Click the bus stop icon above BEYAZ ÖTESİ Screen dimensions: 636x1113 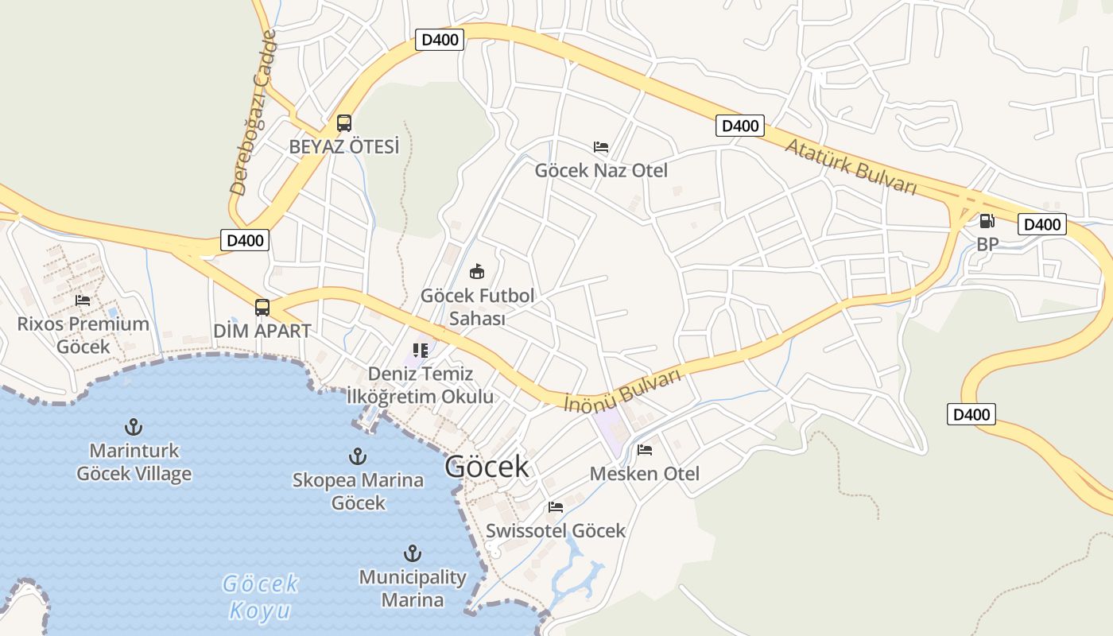click(x=343, y=123)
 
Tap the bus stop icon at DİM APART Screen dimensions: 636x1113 click(x=262, y=307)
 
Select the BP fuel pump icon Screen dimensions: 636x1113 click(x=987, y=221)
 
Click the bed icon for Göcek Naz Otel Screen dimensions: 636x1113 click(x=601, y=147)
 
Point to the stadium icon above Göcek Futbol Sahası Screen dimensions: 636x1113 click(x=476, y=272)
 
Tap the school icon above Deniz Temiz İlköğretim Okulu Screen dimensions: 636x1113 click(x=421, y=351)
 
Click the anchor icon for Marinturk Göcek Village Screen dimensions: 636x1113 click(x=134, y=427)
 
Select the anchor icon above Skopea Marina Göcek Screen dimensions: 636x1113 click(x=358, y=456)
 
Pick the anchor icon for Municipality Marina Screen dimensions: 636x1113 click(x=412, y=553)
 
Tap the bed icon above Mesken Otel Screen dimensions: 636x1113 click(x=645, y=450)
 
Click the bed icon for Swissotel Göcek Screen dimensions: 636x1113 click(x=556, y=506)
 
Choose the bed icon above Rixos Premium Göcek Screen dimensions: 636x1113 click(x=83, y=301)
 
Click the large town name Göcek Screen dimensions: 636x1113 click(x=487, y=467)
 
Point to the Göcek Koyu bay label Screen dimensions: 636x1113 click(x=261, y=597)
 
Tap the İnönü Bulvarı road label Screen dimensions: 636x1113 click(x=623, y=390)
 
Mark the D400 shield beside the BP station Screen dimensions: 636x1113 click(x=1041, y=224)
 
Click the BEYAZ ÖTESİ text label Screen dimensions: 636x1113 click(x=344, y=147)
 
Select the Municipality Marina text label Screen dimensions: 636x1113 click(x=412, y=588)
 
